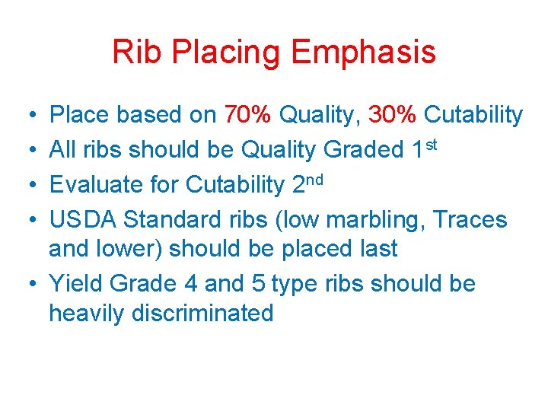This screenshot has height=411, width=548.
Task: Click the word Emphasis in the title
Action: tap(364, 53)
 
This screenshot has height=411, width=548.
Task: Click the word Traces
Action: tap(469, 220)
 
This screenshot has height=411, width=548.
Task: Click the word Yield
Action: tap(76, 284)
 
